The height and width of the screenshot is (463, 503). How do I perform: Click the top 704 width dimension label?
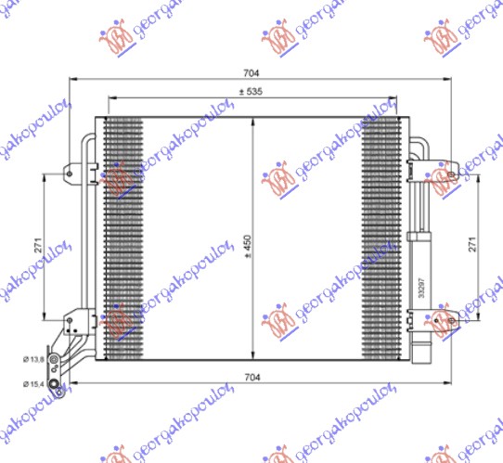(x=251, y=72)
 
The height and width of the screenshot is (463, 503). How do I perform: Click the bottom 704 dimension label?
(x=251, y=376)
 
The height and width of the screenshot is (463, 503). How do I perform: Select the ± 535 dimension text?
(x=251, y=91)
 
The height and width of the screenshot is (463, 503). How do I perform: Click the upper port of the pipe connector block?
(x=57, y=362)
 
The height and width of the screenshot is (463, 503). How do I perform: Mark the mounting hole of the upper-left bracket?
(x=69, y=171)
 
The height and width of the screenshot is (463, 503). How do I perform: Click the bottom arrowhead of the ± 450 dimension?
(x=252, y=355)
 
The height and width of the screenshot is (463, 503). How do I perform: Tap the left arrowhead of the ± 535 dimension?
(x=112, y=98)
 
